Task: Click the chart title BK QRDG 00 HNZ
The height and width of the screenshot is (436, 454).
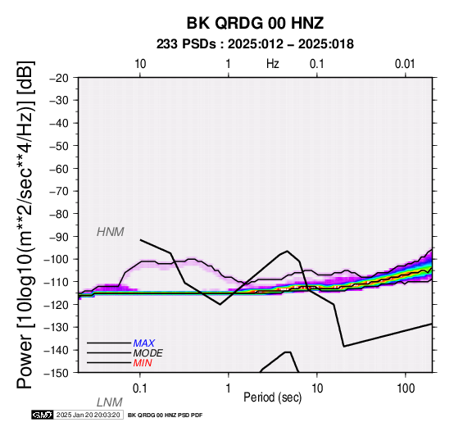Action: pyautogui.click(x=255, y=23)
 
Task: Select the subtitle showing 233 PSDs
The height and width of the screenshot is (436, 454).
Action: pyautogui.click(x=255, y=44)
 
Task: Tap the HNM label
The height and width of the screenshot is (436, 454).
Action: pyautogui.click(x=111, y=232)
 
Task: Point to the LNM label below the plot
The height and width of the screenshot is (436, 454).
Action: pyautogui.click(x=110, y=402)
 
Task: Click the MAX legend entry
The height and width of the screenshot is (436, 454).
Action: pyautogui.click(x=144, y=343)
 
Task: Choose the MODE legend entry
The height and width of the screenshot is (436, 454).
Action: pyautogui.click(x=148, y=353)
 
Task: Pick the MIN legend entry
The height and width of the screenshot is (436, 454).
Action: pyautogui.click(x=143, y=363)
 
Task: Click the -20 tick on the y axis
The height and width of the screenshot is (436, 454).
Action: pyautogui.click(x=59, y=78)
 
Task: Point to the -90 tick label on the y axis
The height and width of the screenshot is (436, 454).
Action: pyautogui.click(x=59, y=237)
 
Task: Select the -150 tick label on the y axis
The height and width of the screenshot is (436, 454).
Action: pyautogui.click(x=57, y=373)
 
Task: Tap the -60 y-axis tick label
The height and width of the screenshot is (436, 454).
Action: pyautogui.click(x=59, y=169)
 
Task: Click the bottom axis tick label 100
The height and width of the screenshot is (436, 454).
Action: pyautogui.click(x=406, y=388)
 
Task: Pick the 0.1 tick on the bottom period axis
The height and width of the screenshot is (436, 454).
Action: pyautogui.click(x=140, y=388)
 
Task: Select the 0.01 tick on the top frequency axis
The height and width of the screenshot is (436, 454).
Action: pyautogui.click(x=405, y=64)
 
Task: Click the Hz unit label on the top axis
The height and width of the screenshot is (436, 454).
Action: pyautogui.click(x=273, y=64)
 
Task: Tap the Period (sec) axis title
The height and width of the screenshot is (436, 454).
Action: pyautogui.click(x=272, y=397)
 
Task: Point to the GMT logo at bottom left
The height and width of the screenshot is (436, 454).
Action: pyautogui.click(x=43, y=415)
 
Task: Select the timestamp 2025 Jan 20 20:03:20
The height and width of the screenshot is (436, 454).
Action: pyautogui.click(x=88, y=415)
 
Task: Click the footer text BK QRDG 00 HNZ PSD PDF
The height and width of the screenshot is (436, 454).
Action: pyautogui.click(x=165, y=416)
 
